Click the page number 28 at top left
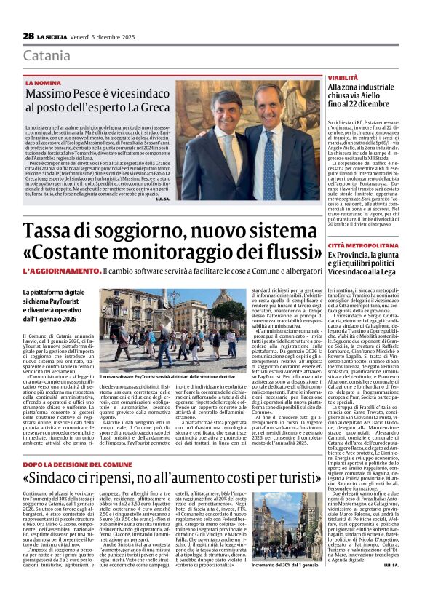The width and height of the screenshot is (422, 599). (x=28, y=36)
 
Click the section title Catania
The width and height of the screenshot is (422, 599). (x=47, y=56)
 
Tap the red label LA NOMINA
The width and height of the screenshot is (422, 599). (x=42, y=83)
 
